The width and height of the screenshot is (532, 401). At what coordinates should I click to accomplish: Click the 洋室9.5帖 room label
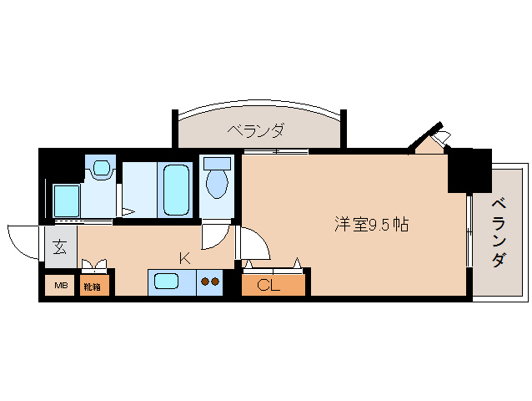(371, 224)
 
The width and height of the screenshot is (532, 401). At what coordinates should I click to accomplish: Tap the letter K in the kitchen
(184, 258)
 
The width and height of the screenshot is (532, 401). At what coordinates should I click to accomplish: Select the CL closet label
(269, 286)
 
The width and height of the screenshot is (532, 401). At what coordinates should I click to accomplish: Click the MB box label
(60, 287)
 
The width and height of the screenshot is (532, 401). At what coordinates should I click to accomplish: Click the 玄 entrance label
(61, 247)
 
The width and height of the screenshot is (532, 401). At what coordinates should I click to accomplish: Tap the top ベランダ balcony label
(255, 130)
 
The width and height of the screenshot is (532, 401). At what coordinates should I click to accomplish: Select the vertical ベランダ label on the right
(498, 231)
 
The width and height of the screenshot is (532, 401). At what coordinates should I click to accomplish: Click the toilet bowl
(217, 182)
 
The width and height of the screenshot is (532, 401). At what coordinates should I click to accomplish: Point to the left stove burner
(204, 282)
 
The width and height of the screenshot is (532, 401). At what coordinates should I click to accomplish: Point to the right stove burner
(216, 282)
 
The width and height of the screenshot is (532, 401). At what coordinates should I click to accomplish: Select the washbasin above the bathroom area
(101, 168)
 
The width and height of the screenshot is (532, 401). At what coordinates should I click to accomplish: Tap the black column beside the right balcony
(469, 170)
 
